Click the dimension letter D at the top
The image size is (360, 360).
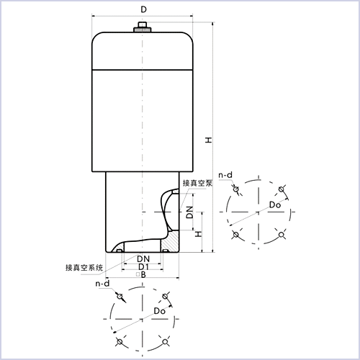(143, 9)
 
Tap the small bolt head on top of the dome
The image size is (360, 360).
(143, 24)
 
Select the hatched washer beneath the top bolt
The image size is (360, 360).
(143, 30)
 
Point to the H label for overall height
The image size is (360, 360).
(209, 140)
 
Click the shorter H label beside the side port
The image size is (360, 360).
(199, 234)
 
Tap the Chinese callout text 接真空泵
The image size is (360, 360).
(197, 183)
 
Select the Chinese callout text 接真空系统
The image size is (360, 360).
(84, 267)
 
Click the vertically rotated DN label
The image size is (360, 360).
(189, 212)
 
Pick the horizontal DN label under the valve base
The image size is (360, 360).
(143, 259)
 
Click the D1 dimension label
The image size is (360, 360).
(143, 266)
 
